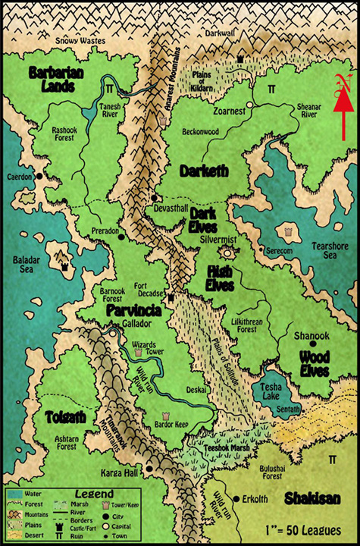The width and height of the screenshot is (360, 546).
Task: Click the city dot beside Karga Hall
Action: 149,469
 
